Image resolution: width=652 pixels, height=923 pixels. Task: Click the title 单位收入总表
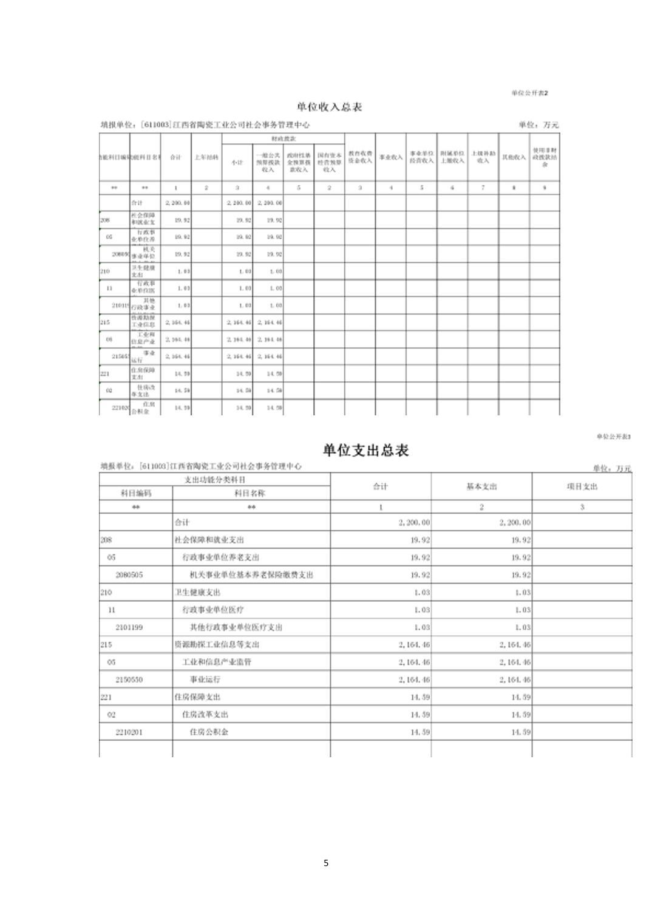tap(330, 107)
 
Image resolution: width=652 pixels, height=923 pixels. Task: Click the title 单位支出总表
tap(365, 450)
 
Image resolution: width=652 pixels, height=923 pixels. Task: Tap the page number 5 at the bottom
tap(326, 863)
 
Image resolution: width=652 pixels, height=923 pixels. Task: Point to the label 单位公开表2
tap(529, 93)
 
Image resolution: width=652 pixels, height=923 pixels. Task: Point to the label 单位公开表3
tap(613, 437)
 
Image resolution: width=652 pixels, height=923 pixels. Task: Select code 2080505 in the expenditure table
tap(129, 574)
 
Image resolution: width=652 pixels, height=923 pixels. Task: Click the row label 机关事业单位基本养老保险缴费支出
tap(251, 574)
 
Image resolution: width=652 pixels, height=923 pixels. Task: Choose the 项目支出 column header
tap(582, 486)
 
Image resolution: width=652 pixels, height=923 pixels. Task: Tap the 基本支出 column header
tap(481, 486)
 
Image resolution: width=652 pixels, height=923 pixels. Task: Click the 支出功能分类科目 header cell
tap(215, 480)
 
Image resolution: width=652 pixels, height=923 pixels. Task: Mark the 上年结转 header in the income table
tap(206, 157)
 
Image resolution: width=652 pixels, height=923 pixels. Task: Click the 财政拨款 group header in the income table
tap(284, 139)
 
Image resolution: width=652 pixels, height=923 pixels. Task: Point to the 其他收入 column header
tap(514, 157)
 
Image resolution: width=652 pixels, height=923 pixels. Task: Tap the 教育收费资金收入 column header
tap(360, 157)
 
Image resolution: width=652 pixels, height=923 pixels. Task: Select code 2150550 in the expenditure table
tap(129, 679)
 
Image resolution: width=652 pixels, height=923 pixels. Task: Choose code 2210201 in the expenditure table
tap(129, 732)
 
